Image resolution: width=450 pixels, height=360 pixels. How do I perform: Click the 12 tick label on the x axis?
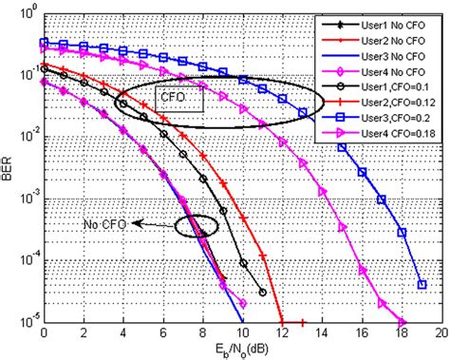click(x=282, y=333)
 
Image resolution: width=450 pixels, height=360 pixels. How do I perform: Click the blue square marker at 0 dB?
click(x=44, y=42)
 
